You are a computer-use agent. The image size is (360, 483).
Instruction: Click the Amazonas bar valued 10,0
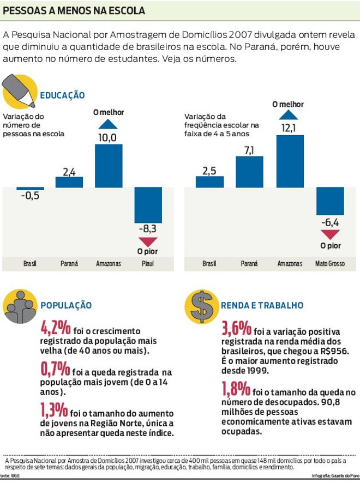[109, 166]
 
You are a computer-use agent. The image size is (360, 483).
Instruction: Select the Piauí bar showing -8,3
[148, 204]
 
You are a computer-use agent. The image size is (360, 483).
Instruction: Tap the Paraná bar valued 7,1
[249, 172]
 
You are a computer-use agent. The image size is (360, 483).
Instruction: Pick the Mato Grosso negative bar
[330, 201]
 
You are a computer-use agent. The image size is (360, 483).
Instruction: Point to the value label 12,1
[289, 128]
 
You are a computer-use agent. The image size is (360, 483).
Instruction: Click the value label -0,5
[30, 196]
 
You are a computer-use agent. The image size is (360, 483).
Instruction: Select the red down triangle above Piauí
[148, 242]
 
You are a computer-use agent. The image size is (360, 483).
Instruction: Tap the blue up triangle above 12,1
[289, 114]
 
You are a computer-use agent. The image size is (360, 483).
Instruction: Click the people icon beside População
[20, 307]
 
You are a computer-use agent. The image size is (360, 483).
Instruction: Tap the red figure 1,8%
[236, 390]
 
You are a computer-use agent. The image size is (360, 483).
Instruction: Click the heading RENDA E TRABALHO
[262, 306]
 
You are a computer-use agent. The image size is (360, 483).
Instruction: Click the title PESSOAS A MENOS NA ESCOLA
[74, 10]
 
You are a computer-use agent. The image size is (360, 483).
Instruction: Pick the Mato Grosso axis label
[330, 264]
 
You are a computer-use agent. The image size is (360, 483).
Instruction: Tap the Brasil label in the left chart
[30, 264]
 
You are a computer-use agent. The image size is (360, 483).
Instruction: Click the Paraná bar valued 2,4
[69, 182]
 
